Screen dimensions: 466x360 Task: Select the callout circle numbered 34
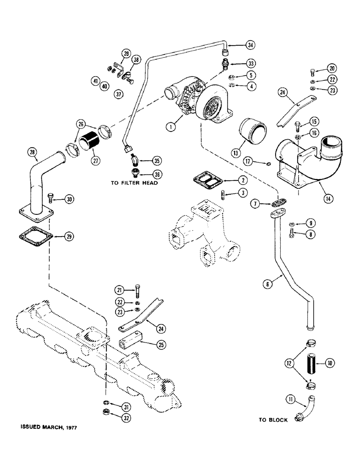point(251,45)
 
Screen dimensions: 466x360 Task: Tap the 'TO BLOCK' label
point(274,420)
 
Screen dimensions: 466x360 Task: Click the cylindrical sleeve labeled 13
point(251,133)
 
